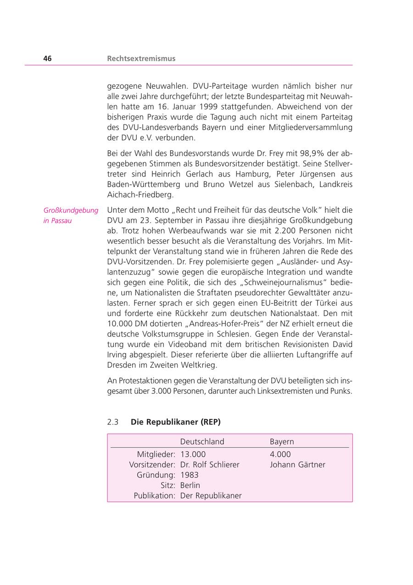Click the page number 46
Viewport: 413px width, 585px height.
pyautogui.click(x=48, y=58)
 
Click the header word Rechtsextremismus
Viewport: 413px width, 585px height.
pyautogui.click(x=141, y=58)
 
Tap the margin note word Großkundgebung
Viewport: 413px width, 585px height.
pyautogui.click(x=71, y=210)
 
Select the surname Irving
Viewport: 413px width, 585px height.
pyautogui.click(x=117, y=355)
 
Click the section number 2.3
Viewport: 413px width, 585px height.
pyautogui.click(x=113, y=422)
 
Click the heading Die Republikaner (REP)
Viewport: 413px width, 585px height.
pyautogui.click(x=176, y=422)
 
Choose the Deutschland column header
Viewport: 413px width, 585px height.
pyautogui.click(x=202, y=442)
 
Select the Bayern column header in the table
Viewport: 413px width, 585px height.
pyautogui.click(x=282, y=442)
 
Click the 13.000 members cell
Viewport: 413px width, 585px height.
pyautogui.click(x=193, y=454)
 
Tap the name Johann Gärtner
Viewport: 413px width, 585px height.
pyautogui.click(x=297, y=465)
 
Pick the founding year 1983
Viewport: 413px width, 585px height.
pyautogui.click(x=190, y=475)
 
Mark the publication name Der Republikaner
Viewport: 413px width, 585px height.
pyautogui.click(x=211, y=495)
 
